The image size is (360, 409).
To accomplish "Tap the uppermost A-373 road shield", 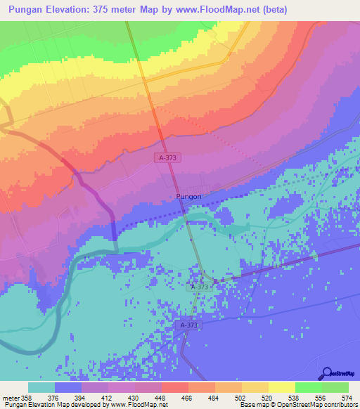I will click(168, 159).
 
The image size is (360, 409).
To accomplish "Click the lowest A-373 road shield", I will click(188, 325).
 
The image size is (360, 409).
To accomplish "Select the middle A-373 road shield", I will click(200, 287).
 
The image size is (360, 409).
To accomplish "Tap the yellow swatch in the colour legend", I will click(281, 387).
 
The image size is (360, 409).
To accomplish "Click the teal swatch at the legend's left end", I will click(41, 387).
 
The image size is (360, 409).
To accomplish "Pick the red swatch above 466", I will click(174, 387).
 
